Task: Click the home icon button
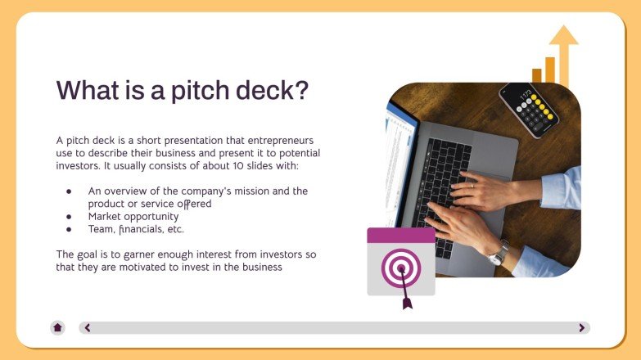[57, 327]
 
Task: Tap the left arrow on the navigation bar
[88, 327]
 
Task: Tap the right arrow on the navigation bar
[581, 327]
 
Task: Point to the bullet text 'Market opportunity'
[133, 216]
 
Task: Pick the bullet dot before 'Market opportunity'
[69, 217]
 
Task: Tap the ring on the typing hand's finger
[472, 186]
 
